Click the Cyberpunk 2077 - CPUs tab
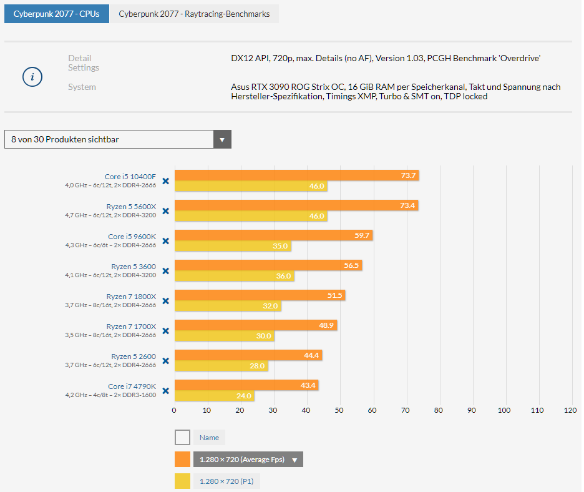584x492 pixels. (56, 14)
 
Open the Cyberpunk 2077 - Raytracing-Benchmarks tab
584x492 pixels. (194, 14)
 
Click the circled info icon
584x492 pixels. (32, 77)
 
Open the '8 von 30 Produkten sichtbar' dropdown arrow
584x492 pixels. (222, 139)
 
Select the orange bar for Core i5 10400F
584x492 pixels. (296, 175)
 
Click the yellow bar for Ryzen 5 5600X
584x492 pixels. (250, 216)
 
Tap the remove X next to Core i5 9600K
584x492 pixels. (165, 241)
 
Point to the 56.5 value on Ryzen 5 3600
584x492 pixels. (351, 265)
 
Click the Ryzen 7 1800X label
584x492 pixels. (131, 297)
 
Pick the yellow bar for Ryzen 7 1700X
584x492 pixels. (223, 336)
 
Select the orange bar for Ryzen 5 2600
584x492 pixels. (248, 355)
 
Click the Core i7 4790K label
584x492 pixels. (132, 386)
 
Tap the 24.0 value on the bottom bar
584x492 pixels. (243, 396)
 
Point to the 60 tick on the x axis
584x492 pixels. (372, 410)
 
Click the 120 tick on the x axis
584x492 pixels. (570, 410)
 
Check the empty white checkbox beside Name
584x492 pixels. (182, 437)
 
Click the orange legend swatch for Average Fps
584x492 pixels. (182, 460)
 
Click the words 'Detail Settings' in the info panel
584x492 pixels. (83, 63)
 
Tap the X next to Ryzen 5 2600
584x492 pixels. (165, 361)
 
